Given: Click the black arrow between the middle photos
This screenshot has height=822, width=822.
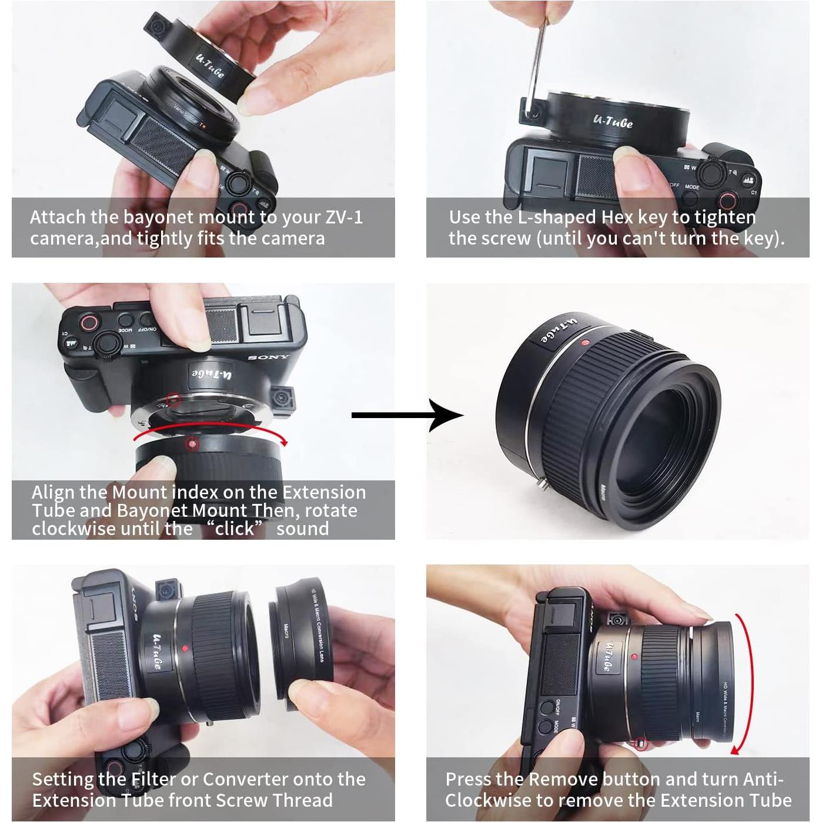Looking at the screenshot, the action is coord(407,415).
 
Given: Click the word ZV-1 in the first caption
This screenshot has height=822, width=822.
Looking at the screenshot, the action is coord(344,217).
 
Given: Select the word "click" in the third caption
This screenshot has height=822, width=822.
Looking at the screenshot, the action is coord(235,529).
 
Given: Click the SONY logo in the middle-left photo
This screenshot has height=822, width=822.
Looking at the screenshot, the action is coord(268,357).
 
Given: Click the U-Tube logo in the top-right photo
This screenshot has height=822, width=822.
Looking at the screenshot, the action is coord(613,121).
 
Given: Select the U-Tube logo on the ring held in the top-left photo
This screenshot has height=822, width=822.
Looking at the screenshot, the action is coord(209,65).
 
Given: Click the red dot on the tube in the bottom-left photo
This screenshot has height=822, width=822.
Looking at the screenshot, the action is coord(185,649).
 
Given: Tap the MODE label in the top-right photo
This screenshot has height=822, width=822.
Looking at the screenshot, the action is coord(692,187).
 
